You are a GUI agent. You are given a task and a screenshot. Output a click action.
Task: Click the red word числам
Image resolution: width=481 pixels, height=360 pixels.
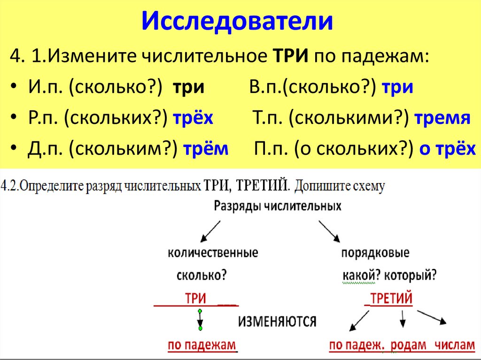click(455, 345)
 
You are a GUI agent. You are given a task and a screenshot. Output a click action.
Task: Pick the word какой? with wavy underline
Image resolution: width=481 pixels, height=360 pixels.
click(359, 275)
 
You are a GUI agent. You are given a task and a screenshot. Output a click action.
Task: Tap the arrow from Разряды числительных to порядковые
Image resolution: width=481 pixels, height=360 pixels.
click(330, 231)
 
